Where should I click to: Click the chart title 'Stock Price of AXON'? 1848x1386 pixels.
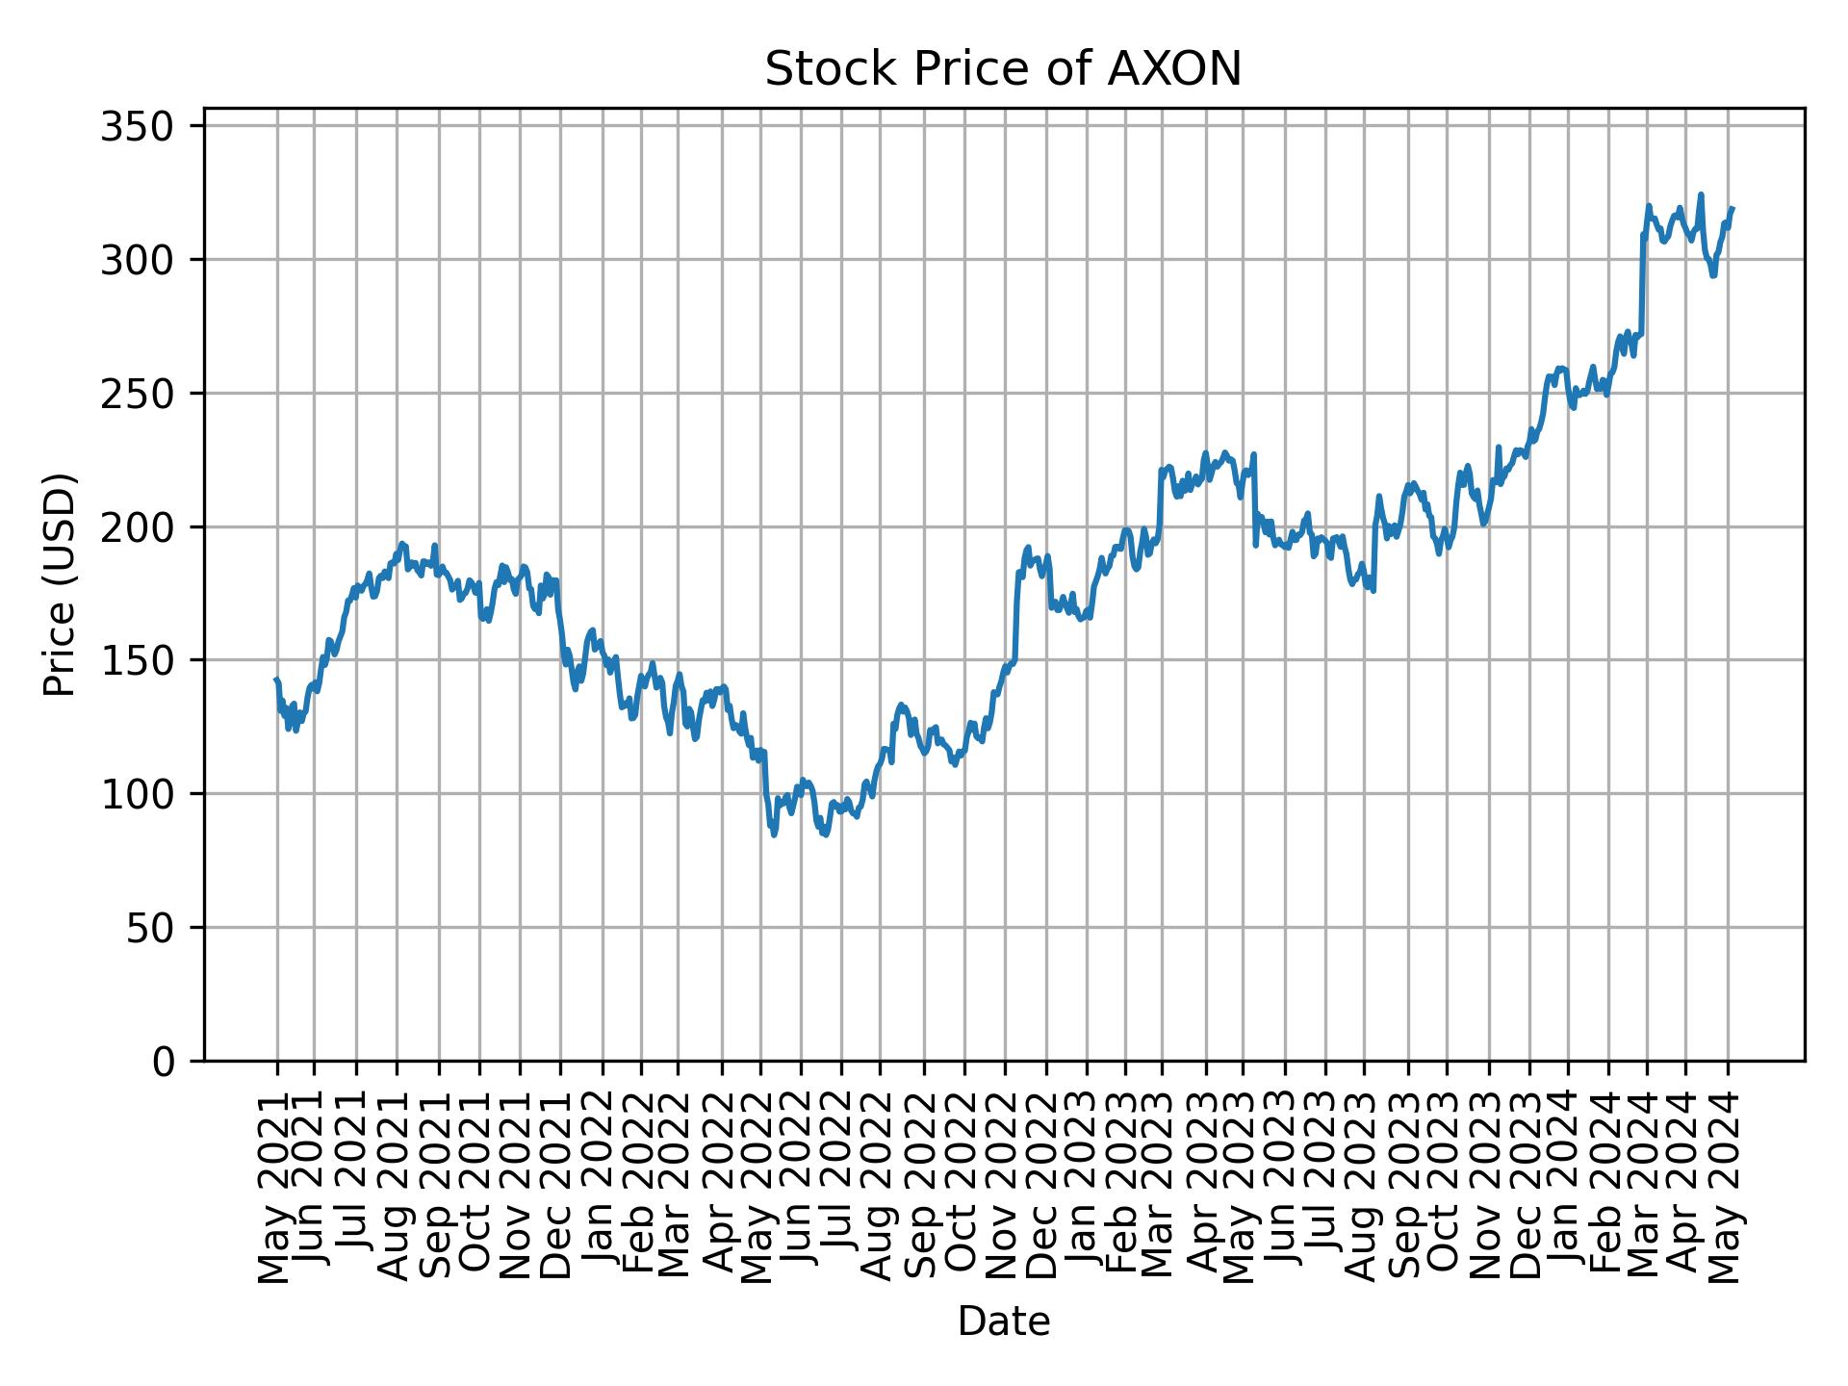coord(1003,70)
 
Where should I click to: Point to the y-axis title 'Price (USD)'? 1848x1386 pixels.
coord(60,583)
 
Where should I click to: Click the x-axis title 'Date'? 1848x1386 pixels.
coord(1003,1322)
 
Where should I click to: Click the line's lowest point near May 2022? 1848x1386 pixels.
coord(774,834)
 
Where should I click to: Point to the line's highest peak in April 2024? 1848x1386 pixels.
coord(1701,194)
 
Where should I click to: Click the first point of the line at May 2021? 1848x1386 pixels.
coord(276,680)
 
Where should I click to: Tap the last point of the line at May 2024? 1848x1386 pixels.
coord(1732,208)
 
